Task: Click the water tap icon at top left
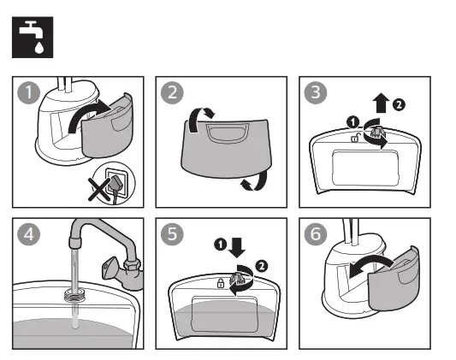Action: pyautogui.click(x=32, y=38)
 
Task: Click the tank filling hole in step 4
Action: pyautogui.click(x=74, y=297)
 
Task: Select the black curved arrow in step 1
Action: pyautogui.click(x=94, y=115)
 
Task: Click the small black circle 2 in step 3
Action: pyautogui.click(x=399, y=105)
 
